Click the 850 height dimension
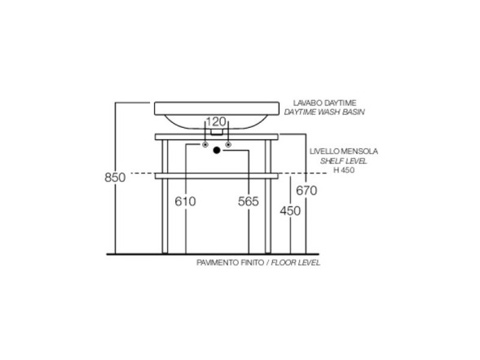pyautogui.click(x=115, y=178)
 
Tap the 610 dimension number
pyautogui.click(x=185, y=201)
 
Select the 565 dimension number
pyautogui.click(x=249, y=201)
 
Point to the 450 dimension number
pyautogui.click(x=290, y=211)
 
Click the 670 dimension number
pyautogui.click(x=306, y=191)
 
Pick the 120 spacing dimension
pyautogui.click(x=216, y=121)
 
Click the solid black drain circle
pyautogui.click(x=217, y=150)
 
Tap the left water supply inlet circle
pyautogui.click(x=205, y=144)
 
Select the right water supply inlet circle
pyautogui.click(x=228, y=144)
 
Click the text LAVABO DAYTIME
pyautogui.click(x=325, y=103)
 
